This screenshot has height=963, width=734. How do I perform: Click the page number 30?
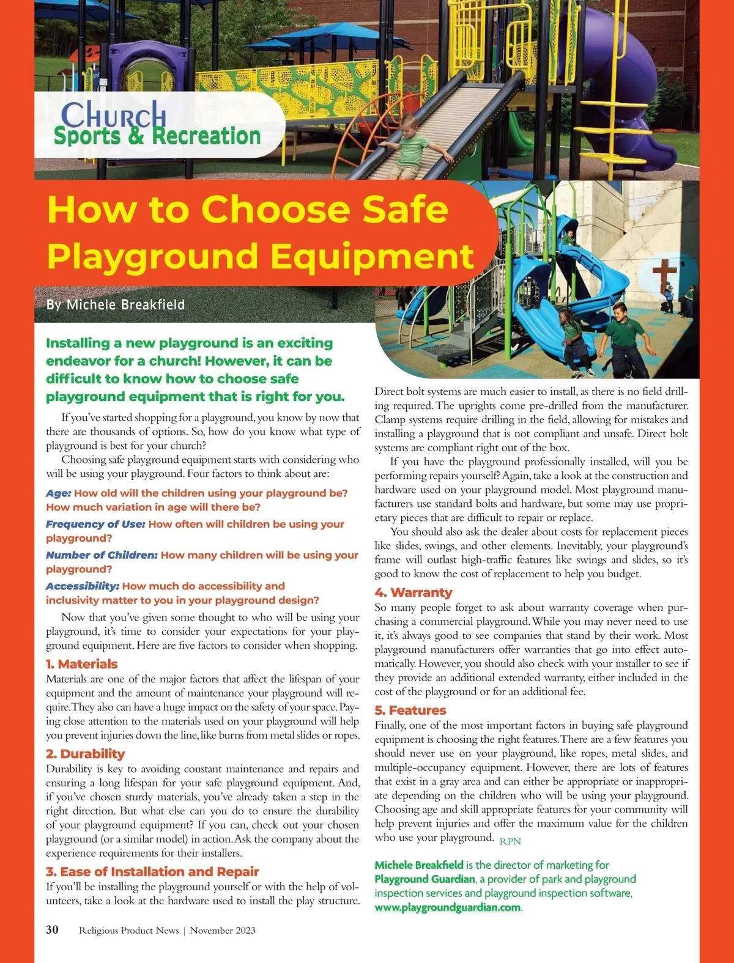(x=53, y=929)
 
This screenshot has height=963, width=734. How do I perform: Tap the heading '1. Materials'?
(x=81, y=664)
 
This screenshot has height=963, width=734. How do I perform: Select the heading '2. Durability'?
(x=85, y=754)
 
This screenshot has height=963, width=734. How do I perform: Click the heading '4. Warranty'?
(x=413, y=592)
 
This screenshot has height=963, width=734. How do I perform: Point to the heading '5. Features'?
(x=410, y=710)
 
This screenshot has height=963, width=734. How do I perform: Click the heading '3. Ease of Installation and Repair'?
(x=152, y=872)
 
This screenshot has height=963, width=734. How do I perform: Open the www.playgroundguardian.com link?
(x=448, y=907)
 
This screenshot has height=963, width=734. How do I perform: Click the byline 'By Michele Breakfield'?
(x=116, y=304)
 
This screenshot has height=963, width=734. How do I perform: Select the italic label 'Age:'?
(x=59, y=493)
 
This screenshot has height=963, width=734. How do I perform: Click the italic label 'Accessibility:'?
(x=83, y=586)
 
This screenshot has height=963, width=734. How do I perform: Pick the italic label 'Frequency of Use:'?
(x=95, y=525)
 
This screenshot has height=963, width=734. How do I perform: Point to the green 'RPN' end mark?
(x=510, y=841)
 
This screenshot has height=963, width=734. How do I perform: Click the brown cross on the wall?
(x=664, y=275)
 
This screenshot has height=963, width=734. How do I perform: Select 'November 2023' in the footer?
(x=223, y=931)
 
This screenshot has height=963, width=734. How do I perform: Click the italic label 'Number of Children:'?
(x=102, y=555)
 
